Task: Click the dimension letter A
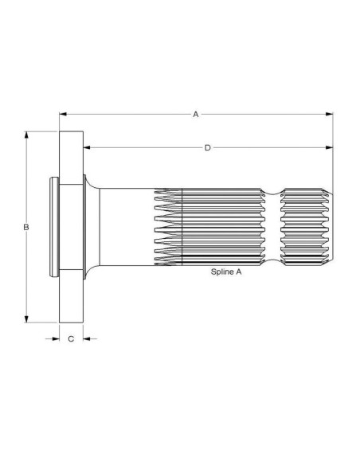point(196,114)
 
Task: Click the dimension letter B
point(26,227)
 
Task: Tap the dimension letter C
point(71,338)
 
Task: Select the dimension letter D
point(208,147)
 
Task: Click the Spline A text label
point(226,272)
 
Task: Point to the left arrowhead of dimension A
point(63,114)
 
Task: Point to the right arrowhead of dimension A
point(329,114)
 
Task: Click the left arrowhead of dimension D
point(87,147)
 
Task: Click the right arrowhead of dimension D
point(329,147)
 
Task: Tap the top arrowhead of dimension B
point(26,135)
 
